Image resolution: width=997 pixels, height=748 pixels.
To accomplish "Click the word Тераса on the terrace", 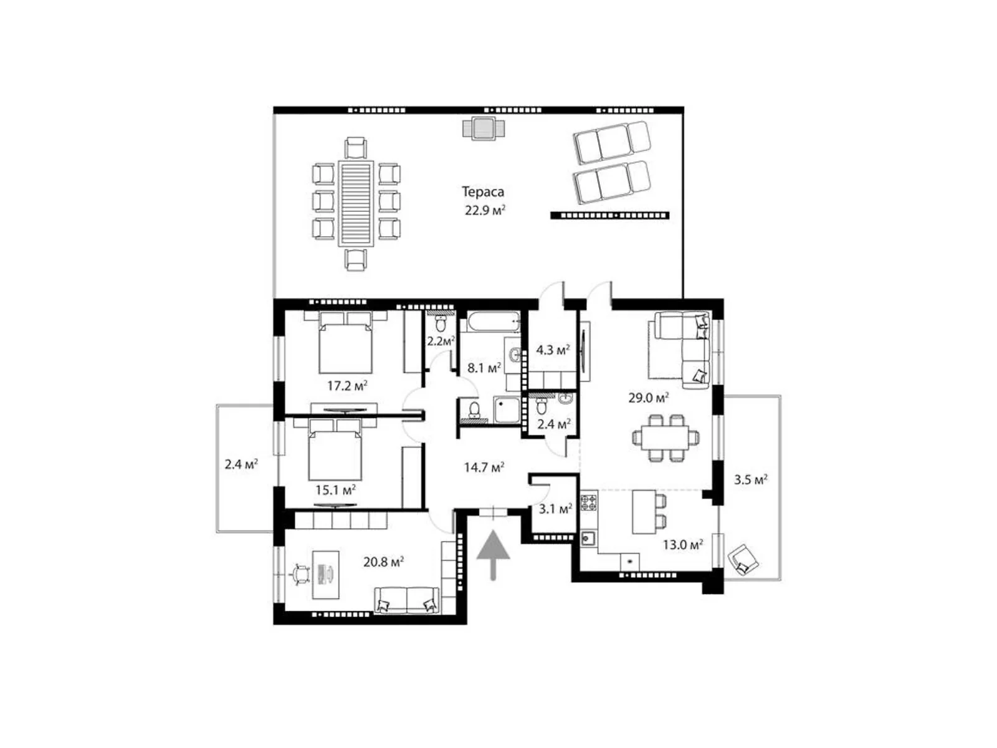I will [x=482, y=192].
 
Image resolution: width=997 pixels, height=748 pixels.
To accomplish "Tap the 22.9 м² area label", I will [x=484, y=210].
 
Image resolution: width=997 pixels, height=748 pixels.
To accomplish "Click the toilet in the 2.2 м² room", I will [x=441, y=324].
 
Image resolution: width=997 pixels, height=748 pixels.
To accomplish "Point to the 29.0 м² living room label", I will [x=648, y=397].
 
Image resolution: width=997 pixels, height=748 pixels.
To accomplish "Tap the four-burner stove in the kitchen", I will [x=588, y=501].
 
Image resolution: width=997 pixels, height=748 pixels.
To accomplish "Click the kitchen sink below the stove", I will [x=588, y=537].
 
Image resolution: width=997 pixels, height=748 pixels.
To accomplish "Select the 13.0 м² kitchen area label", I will [x=682, y=545].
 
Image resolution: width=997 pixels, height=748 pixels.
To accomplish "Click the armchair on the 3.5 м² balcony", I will [x=743, y=559].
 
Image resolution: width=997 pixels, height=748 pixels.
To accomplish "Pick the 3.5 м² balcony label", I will [x=750, y=479].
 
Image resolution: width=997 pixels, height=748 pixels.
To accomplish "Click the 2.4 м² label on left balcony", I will [x=241, y=464].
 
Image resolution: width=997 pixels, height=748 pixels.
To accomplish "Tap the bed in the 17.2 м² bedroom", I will [x=346, y=345].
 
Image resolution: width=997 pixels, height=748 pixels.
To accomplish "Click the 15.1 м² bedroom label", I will [x=335, y=490].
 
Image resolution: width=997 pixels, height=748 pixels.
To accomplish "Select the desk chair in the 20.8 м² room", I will [x=301, y=574].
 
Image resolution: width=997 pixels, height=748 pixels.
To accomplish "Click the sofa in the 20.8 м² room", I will [x=406, y=600].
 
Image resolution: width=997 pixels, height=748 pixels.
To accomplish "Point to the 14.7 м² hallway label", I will [x=484, y=467].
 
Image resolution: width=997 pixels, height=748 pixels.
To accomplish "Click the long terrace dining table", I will [x=356, y=204].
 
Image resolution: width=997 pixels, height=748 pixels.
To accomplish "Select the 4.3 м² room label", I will [x=553, y=350].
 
